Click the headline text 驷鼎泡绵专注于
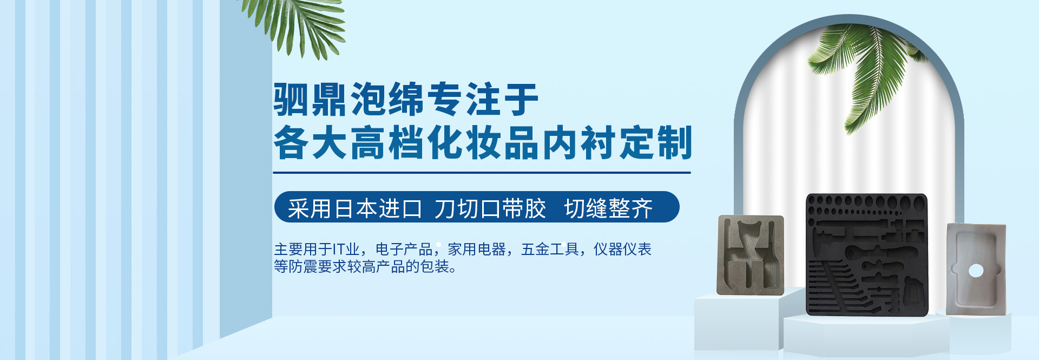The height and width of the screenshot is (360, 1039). point(406,99)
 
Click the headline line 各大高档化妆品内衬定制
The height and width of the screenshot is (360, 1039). point(483,142)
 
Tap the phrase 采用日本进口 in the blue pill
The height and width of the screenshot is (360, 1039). point(354,208)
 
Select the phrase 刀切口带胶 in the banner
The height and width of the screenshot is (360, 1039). point(490,208)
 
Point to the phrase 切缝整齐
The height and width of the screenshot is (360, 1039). point(608,208)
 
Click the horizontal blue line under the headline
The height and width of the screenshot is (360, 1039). point(482,173)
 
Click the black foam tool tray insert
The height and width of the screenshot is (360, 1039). point(867,254)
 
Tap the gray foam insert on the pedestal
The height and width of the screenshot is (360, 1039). point(751,255)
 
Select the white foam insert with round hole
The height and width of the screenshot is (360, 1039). point(976,269)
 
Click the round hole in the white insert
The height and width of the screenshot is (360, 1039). point(976,270)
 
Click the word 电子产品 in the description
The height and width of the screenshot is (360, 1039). point(404,249)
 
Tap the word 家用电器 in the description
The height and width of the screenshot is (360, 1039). point(476,249)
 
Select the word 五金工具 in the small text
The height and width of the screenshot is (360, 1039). point(550,249)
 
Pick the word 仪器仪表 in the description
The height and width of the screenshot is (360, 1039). point(622,249)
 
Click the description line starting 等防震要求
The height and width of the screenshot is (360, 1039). point(365,266)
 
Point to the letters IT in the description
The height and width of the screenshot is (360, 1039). point(338,250)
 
